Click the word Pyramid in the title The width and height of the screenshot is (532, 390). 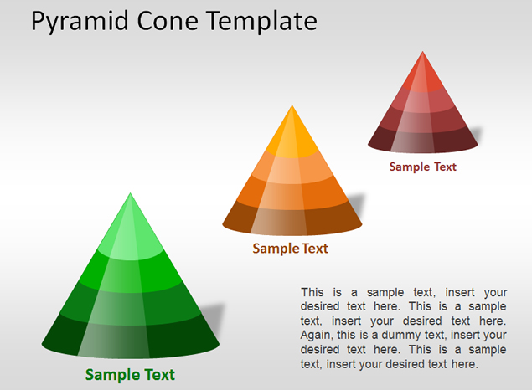tap(80, 22)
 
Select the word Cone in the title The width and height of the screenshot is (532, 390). tap(168, 21)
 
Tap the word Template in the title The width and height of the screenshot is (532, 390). tap(261, 22)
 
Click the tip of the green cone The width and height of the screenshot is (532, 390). tap(131, 193)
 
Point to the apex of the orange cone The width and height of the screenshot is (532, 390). tap(292, 105)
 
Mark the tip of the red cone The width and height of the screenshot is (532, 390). tap(422, 52)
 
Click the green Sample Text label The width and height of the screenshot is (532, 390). tap(130, 375)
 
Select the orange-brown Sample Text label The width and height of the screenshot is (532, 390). tap(291, 249)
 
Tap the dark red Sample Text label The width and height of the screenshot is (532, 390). tap(423, 167)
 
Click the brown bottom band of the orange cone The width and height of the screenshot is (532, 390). tap(292, 220)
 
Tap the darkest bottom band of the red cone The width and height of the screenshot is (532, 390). tap(423, 141)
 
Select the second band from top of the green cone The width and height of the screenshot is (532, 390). tap(131, 273)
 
